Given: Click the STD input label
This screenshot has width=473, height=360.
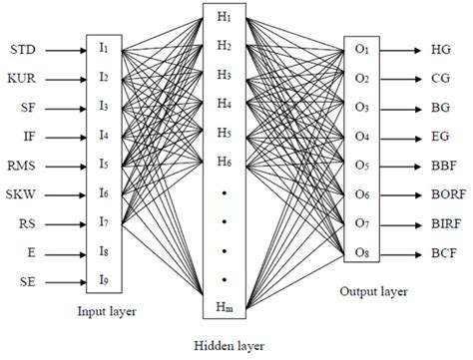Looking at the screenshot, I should point(30,49).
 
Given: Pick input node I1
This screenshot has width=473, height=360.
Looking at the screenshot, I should point(103,49).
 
